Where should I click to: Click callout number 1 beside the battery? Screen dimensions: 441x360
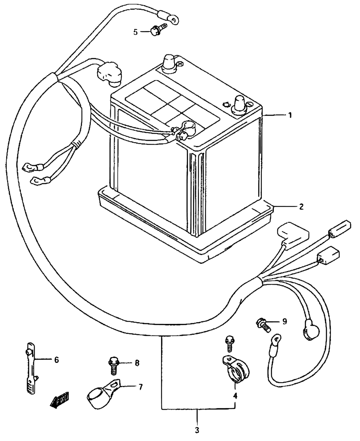[290, 115]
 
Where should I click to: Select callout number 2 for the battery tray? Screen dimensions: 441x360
[301, 207]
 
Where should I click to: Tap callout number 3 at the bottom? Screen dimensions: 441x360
[197, 430]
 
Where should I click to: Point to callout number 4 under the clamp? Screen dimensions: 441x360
[235, 396]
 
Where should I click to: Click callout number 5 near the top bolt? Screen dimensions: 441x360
[136, 32]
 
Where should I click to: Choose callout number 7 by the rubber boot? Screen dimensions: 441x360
[140, 387]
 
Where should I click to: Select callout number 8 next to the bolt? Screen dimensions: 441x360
[137, 363]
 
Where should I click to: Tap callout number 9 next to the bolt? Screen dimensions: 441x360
[284, 321]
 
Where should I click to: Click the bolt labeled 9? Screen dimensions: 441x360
[263, 324]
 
